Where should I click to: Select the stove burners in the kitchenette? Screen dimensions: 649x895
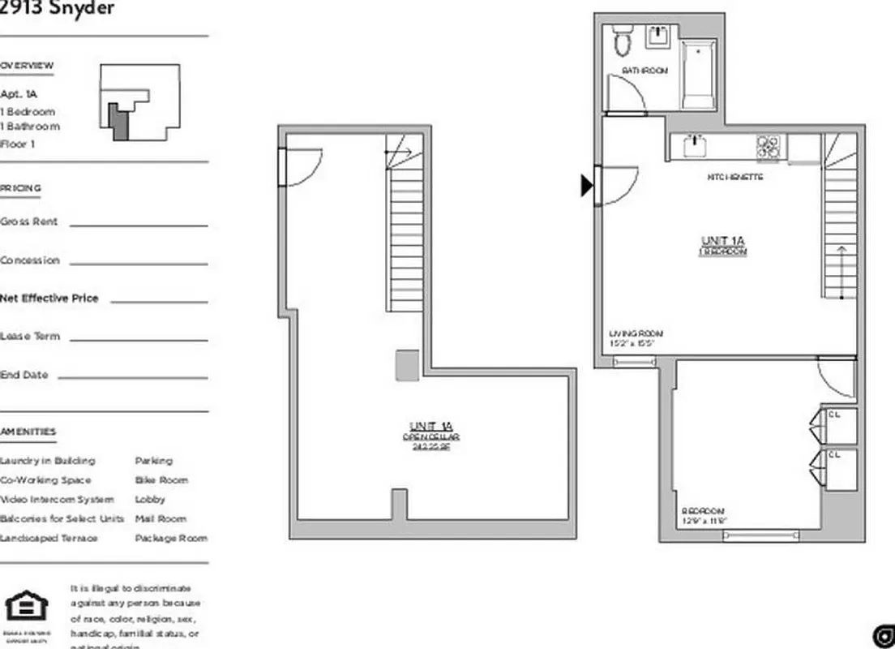(x=769, y=147)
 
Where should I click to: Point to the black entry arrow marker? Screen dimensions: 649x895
(x=586, y=186)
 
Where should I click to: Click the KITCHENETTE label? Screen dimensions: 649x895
(x=734, y=177)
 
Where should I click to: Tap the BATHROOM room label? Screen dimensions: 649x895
(x=644, y=71)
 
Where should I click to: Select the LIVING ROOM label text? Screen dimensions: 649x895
(x=636, y=333)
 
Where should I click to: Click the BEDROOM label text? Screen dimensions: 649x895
(x=703, y=512)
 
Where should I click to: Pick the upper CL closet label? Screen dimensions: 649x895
(x=834, y=415)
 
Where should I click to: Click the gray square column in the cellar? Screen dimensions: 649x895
(x=407, y=365)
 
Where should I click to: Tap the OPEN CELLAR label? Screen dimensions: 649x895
(x=431, y=436)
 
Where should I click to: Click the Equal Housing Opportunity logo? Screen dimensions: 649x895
(x=26, y=608)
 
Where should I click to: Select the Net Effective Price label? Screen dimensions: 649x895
(x=49, y=299)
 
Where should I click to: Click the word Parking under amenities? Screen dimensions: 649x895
(x=153, y=461)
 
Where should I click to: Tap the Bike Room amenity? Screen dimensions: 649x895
(x=161, y=480)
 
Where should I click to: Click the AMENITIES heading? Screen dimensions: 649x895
(x=28, y=432)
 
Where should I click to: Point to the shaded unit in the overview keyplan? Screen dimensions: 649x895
(x=118, y=123)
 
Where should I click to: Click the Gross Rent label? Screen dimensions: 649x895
(x=29, y=221)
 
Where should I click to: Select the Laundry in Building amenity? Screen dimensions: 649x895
(x=48, y=461)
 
